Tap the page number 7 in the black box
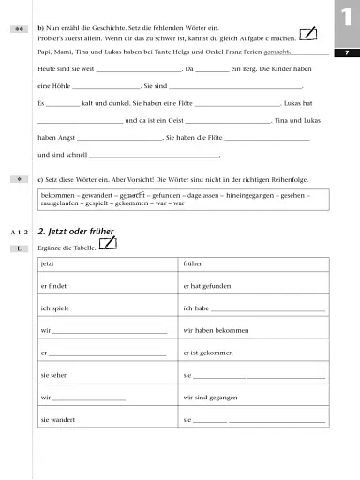346,53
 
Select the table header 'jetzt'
48,265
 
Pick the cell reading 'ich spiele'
57,307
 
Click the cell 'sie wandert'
59,419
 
